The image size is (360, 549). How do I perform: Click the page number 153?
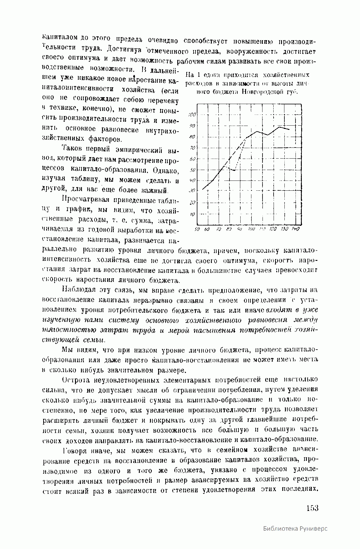click(x=312, y=508)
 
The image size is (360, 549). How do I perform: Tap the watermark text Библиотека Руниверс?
click(x=295, y=537)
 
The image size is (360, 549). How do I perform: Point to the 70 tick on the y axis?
click(x=193, y=148)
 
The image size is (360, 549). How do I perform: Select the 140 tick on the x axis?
click(x=295, y=229)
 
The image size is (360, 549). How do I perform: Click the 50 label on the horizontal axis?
click(x=197, y=229)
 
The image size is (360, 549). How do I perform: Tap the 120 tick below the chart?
click(x=273, y=229)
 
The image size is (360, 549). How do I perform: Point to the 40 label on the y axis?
click(x=193, y=181)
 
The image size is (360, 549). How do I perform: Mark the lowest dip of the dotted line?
click(x=233, y=170)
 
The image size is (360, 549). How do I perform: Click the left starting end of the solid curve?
click(x=202, y=189)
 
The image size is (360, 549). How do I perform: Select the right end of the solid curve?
click(x=289, y=130)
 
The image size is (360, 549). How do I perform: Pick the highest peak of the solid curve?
click(x=279, y=127)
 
